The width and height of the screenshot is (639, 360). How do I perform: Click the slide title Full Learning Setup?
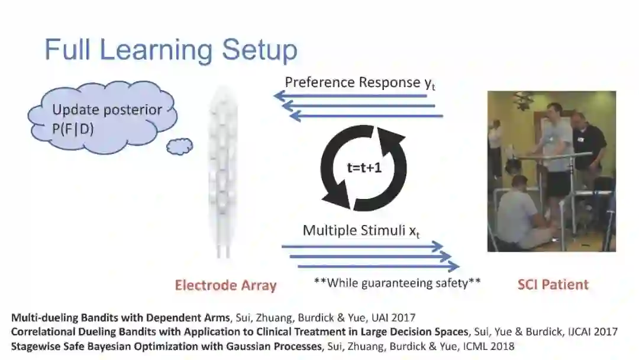coord(171,50)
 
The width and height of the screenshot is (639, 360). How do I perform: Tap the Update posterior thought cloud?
coord(103,118)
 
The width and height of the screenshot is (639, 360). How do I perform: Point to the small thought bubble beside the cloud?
coord(179,146)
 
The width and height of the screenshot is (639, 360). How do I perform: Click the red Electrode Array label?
coord(225,285)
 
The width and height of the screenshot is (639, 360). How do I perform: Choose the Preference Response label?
coord(361,83)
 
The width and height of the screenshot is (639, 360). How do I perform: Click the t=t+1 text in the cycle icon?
coord(364,168)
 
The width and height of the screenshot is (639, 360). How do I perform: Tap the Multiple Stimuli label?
coord(361,231)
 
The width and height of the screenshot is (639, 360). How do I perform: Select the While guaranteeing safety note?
coord(397,283)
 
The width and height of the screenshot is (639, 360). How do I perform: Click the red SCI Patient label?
coord(553,285)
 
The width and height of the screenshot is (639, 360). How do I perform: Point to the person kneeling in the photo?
coord(521,213)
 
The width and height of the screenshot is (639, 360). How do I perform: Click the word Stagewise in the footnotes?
coord(34,346)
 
